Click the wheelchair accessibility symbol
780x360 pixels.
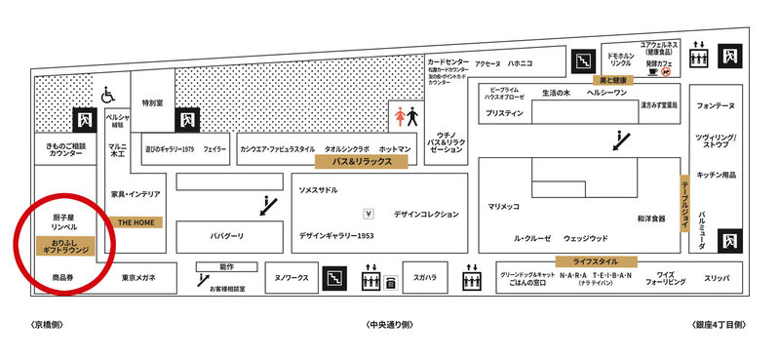(x=109, y=96)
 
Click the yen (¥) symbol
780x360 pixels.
(x=369, y=213)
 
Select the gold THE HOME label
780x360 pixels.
(x=136, y=222)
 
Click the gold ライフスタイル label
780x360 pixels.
(x=596, y=261)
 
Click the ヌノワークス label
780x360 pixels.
(x=291, y=278)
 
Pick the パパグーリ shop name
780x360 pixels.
(x=226, y=236)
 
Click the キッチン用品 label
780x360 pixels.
(x=717, y=175)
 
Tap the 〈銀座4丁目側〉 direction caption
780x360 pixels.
(x=719, y=325)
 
